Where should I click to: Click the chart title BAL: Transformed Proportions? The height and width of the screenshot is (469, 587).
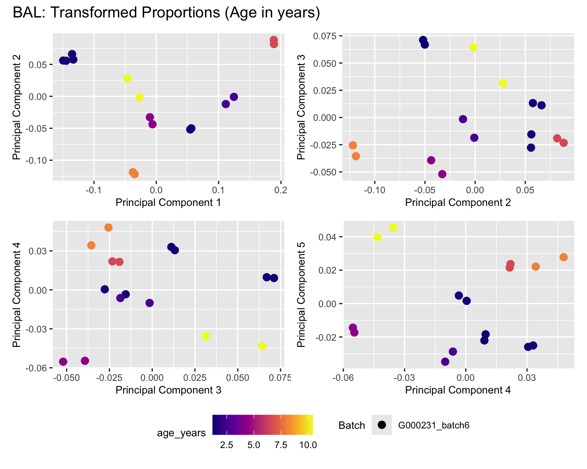click(166, 13)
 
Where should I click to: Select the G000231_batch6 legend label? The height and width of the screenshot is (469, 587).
click(434, 425)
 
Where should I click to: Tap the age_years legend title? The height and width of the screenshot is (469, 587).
click(181, 433)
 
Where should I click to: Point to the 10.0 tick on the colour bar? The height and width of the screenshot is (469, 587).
click(308, 445)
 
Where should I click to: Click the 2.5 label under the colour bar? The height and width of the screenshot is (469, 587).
click(226, 445)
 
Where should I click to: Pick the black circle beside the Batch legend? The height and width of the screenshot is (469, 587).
click(383, 425)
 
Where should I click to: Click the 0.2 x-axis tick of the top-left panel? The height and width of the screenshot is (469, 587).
click(281, 190)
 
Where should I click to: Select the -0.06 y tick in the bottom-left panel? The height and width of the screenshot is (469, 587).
click(38, 368)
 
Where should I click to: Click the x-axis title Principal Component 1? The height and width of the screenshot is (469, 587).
click(168, 202)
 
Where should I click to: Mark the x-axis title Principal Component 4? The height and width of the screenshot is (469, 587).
click(458, 390)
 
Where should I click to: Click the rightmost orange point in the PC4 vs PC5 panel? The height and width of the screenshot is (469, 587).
click(563, 257)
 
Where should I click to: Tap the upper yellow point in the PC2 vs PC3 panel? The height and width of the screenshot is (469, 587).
click(473, 47)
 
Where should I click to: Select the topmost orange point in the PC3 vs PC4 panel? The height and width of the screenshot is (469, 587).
click(108, 227)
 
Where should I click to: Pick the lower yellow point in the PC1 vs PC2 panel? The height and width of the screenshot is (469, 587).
click(139, 97)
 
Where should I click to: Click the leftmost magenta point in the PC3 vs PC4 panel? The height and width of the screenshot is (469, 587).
click(63, 362)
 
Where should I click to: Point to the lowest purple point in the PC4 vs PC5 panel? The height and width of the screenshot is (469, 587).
click(445, 362)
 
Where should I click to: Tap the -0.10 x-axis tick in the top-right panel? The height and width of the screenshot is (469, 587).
click(375, 190)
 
